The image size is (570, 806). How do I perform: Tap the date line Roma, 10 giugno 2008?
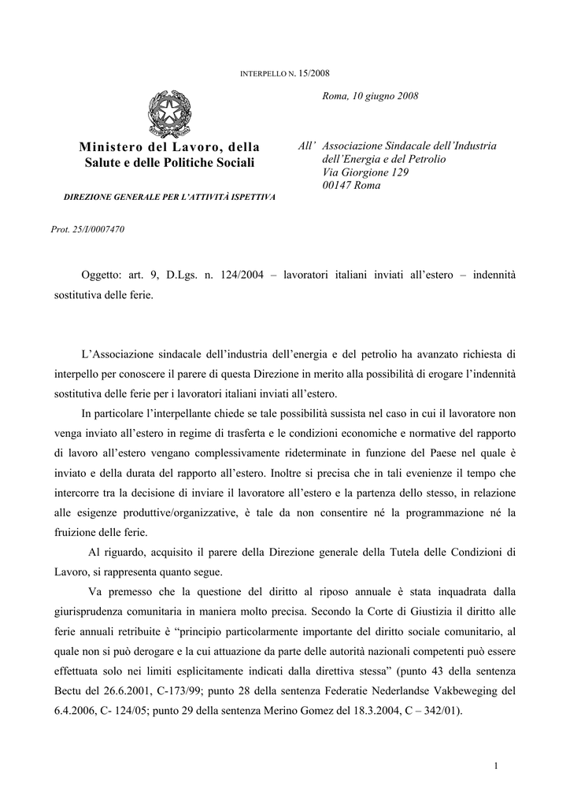coord(371,96)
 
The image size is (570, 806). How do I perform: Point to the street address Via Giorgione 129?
coord(366,172)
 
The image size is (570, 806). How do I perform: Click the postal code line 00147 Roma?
coord(351,186)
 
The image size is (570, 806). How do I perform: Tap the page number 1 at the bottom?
coord(498,766)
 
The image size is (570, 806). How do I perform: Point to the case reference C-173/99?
coord(191,691)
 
